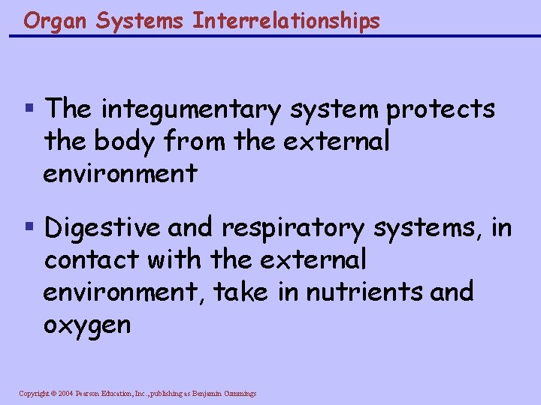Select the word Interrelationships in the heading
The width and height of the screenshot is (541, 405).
pyautogui.click(x=286, y=21)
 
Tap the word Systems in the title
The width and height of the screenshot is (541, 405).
pyautogui.click(x=139, y=21)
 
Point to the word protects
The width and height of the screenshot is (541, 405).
pyautogui.click(x=441, y=109)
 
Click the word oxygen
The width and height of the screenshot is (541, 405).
pyautogui.click(x=87, y=324)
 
